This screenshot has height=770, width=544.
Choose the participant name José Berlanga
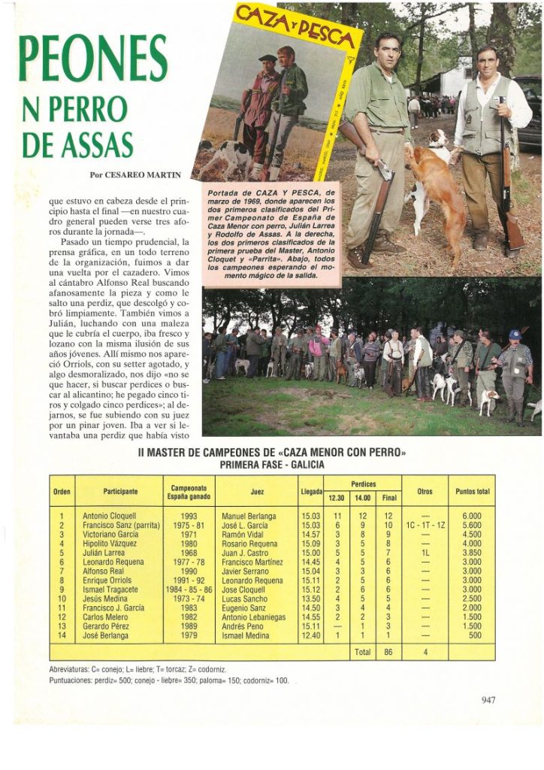pos(108,634)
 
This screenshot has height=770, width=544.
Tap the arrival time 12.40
pos(310,634)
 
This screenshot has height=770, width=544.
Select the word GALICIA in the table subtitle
pos(307,465)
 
